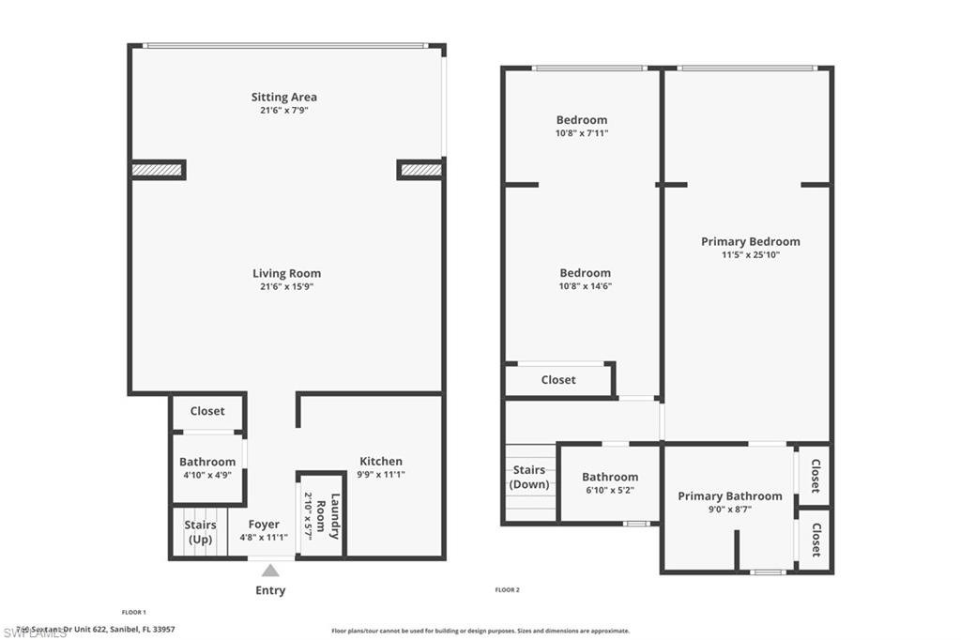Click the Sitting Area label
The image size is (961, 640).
pyautogui.click(x=283, y=97)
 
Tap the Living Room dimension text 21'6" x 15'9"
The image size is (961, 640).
pyautogui.click(x=286, y=287)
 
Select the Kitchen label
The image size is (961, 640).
pyautogui.click(x=381, y=461)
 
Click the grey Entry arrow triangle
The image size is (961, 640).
pyautogui.click(x=270, y=570)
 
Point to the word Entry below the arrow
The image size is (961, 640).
pyautogui.click(x=270, y=590)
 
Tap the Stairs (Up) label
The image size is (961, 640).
pyautogui.click(x=200, y=532)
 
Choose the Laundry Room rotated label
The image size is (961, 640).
pyautogui.click(x=327, y=516)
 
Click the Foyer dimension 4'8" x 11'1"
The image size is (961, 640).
pyautogui.click(x=264, y=539)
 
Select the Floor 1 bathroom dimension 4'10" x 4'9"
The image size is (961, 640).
pyautogui.click(x=207, y=475)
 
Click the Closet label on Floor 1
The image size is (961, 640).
pyautogui.click(x=207, y=411)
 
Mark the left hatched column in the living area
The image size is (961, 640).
pyautogui.click(x=157, y=170)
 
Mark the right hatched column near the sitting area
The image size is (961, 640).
pyautogui.click(x=419, y=170)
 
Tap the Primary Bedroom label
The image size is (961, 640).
pyautogui.click(x=750, y=241)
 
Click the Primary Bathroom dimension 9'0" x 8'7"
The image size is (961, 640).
pyautogui.click(x=729, y=510)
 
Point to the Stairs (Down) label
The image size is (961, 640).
pyautogui.click(x=529, y=478)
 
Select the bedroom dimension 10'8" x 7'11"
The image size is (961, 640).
pyautogui.click(x=582, y=133)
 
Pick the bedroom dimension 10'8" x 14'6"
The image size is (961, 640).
pyautogui.click(x=585, y=286)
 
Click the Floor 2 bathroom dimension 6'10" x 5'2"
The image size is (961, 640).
pyautogui.click(x=610, y=490)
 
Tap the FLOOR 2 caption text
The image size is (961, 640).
pyautogui.click(x=507, y=590)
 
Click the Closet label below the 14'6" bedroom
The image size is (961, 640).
pyautogui.click(x=558, y=380)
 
